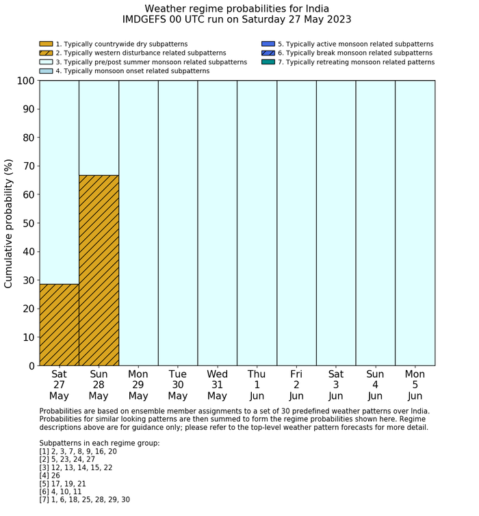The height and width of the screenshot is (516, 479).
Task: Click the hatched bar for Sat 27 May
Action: (x=59, y=324)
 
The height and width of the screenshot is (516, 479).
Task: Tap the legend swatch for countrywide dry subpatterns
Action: (x=46, y=44)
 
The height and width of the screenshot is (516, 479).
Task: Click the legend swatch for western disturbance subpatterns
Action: (x=46, y=53)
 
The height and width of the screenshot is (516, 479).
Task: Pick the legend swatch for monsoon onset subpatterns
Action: (x=46, y=70)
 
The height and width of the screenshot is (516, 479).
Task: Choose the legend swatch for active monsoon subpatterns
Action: (x=268, y=44)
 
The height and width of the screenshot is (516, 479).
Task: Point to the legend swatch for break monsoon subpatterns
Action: (x=268, y=53)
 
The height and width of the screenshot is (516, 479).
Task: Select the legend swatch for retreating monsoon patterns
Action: (x=268, y=62)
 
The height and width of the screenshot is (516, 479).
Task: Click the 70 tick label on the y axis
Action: (x=27, y=166)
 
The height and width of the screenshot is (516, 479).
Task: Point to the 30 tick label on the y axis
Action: (x=27, y=280)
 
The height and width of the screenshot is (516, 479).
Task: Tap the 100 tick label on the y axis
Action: (x=24, y=81)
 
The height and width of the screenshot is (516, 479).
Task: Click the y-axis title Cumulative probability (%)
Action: (x=9, y=223)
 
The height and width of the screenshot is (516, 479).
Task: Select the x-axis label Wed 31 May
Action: (x=217, y=385)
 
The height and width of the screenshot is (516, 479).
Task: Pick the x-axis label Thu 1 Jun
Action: (x=257, y=385)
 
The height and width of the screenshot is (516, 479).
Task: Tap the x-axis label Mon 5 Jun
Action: (x=415, y=385)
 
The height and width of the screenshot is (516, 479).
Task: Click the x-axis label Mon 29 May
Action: (x=138, y=385)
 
